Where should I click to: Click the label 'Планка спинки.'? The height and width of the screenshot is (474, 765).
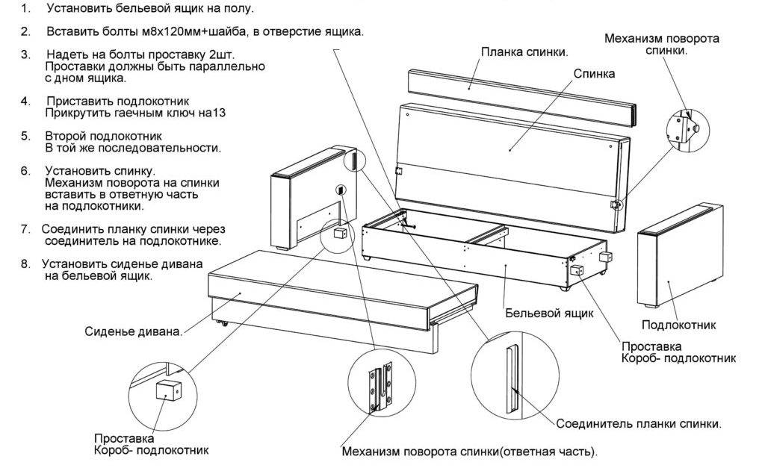(524, 52)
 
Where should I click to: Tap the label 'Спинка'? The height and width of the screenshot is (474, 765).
(595, 74)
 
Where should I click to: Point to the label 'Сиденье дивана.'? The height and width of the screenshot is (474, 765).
(134, 331)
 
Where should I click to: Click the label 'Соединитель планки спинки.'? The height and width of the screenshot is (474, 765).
(639, 423)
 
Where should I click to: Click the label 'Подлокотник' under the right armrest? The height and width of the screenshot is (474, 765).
(678, 325)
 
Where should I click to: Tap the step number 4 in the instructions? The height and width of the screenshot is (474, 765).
(25, 101)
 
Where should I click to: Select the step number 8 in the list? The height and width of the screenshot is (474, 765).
(25, 263)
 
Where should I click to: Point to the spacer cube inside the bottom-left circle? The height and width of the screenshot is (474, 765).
(167, 390)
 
